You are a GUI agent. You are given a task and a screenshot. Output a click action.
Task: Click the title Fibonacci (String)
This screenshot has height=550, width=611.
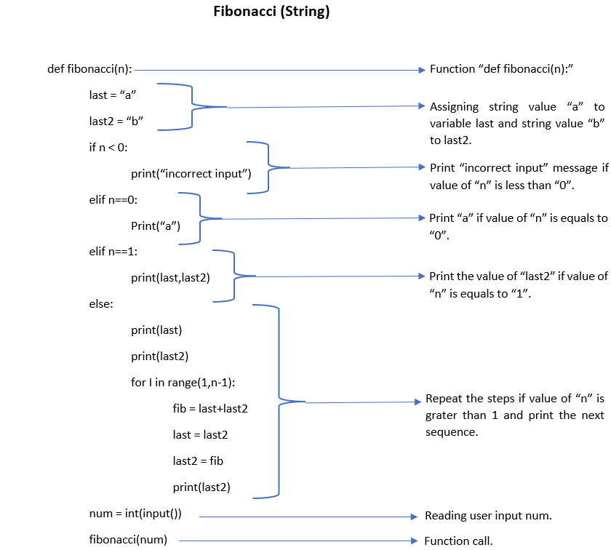(271, 12)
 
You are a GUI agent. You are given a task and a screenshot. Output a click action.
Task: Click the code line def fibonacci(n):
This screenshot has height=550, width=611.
(89, 69)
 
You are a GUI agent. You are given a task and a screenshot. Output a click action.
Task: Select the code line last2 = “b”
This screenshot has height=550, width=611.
(111, 121)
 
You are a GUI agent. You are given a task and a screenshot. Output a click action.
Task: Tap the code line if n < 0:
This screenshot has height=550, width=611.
(108, 147)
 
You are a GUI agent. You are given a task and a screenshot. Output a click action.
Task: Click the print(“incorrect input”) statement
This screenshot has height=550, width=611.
(191, 173)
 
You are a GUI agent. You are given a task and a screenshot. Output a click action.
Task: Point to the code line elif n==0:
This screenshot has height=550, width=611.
(113, 199)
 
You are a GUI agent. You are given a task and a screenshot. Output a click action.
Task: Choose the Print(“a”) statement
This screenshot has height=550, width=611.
(156, 226)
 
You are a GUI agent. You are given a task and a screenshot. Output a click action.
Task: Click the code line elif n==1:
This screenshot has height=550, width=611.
(113, 251)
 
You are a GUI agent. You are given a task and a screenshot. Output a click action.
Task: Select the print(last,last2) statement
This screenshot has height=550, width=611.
(171, 277)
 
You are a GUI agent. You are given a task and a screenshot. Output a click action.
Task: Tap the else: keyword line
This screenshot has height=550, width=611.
(101, 303)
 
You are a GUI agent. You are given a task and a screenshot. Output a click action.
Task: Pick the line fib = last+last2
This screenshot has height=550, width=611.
(210, 409)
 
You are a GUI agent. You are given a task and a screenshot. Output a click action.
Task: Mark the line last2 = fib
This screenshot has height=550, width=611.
(199, 461)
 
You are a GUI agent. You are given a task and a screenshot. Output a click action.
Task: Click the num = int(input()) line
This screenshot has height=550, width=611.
(135, 514)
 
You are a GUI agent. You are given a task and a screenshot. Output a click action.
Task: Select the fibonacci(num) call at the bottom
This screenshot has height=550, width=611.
(128, 540)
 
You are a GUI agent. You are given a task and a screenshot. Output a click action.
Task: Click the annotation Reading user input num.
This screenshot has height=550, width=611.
(488, 516)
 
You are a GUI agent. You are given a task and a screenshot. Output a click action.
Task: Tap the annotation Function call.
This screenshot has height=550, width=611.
(458, 541)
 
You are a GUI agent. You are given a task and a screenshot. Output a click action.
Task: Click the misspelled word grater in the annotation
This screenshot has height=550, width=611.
(442, 415)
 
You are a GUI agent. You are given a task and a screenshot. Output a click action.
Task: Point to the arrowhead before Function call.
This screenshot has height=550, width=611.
(417, 541)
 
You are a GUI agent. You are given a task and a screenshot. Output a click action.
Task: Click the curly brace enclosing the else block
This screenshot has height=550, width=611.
(278, 399)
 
